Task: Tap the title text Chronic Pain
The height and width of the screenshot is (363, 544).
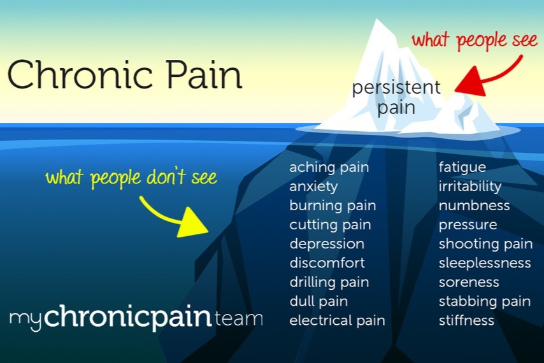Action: click(125, 75)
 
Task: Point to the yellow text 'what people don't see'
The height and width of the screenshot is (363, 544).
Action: click(131, 178)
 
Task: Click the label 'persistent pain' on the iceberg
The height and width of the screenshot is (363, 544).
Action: click(396, 97)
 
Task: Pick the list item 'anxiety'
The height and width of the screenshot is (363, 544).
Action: click(313, 187)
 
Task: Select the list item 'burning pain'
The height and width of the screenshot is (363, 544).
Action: click(333, 206)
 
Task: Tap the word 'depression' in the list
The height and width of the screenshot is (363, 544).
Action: click(327, 244)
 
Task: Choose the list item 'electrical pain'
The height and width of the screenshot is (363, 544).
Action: click(337, 320)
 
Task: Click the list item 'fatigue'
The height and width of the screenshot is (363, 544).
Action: click(462, 167)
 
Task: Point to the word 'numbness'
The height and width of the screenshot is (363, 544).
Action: click(474, 206)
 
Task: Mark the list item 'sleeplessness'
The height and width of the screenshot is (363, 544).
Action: click(484, 263)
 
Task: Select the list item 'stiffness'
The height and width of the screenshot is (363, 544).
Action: click(466, 320)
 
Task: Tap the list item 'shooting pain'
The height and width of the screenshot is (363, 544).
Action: click(485, 244)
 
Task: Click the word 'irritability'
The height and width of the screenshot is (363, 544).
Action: click(470, 187)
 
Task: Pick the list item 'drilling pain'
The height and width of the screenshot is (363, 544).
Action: click(329, 282)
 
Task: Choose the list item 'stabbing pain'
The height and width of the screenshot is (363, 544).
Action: click(484, 301)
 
